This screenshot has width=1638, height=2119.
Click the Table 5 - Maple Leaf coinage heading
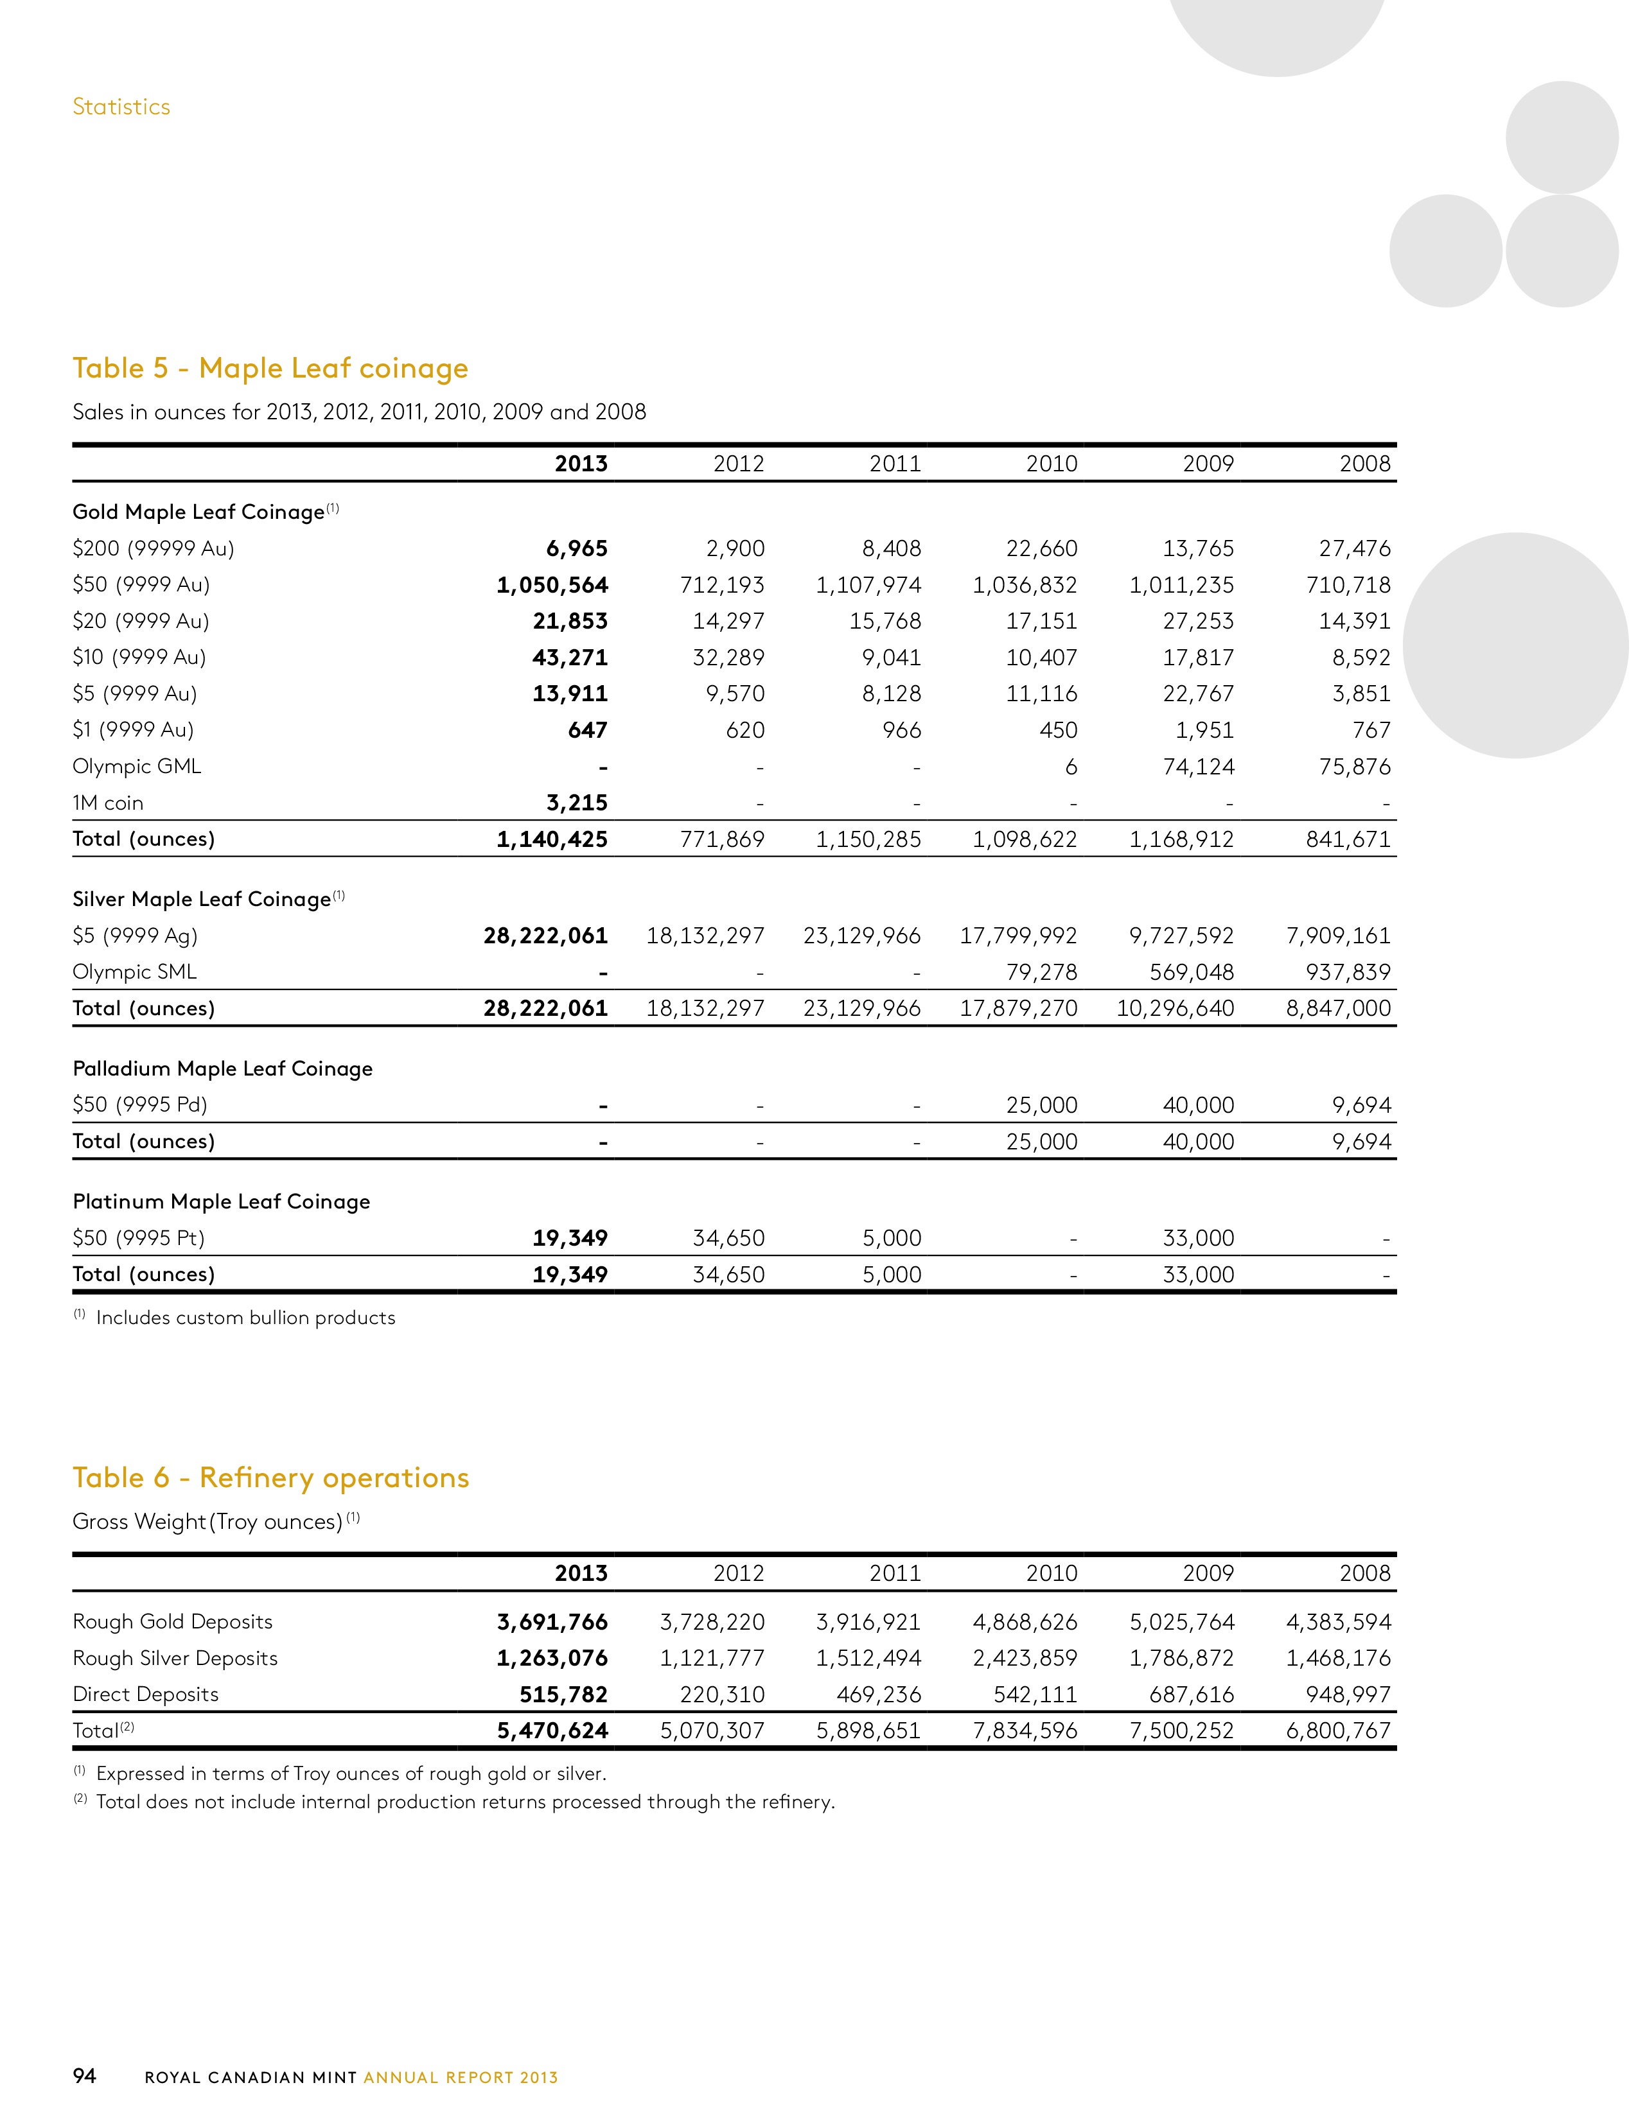click(270, 369)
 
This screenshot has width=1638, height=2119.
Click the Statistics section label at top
click(121, 107)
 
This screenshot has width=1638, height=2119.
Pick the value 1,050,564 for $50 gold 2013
click(552, 585)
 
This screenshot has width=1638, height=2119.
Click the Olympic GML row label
click(137, 767)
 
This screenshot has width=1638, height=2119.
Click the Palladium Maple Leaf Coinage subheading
click(222, 1068)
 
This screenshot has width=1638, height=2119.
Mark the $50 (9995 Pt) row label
click(139, 1238)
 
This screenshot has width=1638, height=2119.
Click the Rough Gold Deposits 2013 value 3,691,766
click(552, 1622)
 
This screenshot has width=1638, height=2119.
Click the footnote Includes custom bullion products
click(245, 1318)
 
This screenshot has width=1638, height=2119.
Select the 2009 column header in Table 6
click(1208, 1574)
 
